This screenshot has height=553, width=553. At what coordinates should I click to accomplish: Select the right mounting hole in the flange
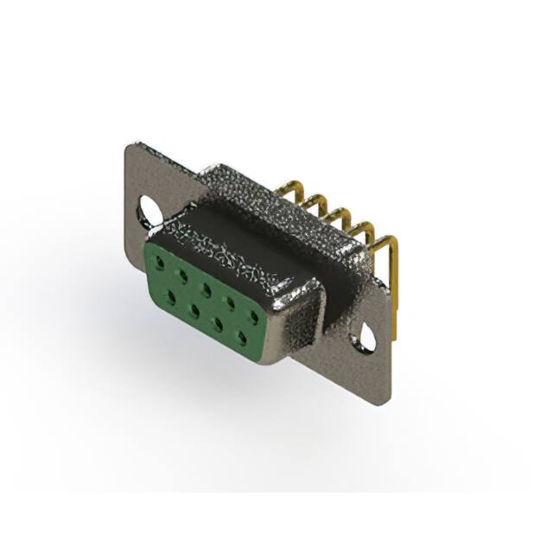coord(367,338)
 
